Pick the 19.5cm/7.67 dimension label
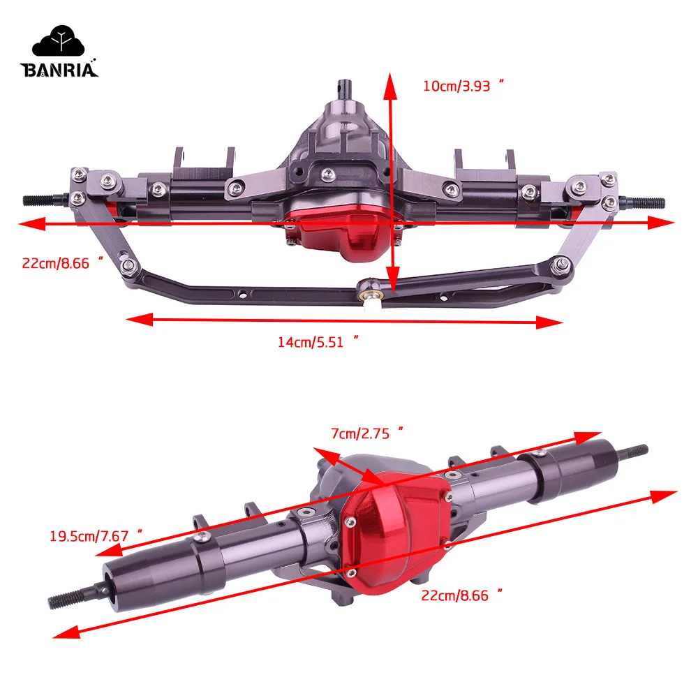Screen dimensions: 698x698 [96, 535]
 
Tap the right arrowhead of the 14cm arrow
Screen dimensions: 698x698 [554, 322]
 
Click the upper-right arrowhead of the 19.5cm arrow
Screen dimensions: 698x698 [584, 436]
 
